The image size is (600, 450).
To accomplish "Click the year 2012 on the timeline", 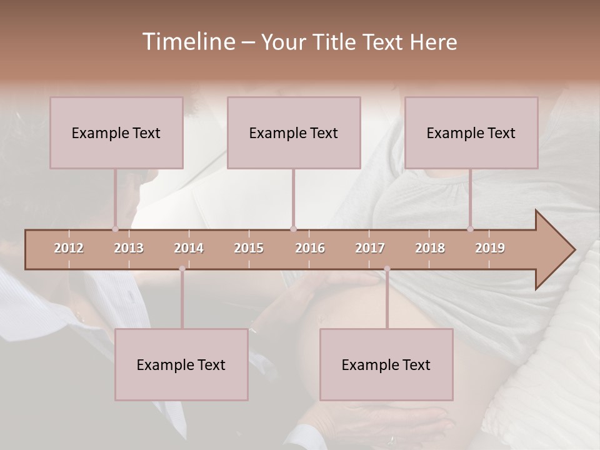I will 69,249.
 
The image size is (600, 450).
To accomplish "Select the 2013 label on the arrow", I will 129,249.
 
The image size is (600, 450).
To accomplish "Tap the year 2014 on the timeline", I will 189,249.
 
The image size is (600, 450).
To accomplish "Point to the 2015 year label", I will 249,249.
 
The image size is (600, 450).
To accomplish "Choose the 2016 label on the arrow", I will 310,249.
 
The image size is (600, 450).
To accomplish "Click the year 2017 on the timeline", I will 370,249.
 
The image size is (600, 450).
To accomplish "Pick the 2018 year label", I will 430,249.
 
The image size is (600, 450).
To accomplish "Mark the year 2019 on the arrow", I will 490,249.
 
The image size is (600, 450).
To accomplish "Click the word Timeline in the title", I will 188,42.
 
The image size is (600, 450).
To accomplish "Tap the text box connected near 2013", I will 116,132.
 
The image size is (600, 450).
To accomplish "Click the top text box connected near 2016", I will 294,132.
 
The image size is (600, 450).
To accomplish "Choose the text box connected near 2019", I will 471,132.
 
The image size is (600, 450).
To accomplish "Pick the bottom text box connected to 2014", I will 181,364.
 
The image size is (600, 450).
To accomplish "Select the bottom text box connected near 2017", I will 386,364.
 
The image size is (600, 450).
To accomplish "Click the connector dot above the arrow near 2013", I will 115,229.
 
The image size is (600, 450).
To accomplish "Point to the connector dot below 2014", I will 182,269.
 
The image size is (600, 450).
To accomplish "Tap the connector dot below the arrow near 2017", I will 387,269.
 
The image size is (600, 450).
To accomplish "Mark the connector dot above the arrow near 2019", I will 470,229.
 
